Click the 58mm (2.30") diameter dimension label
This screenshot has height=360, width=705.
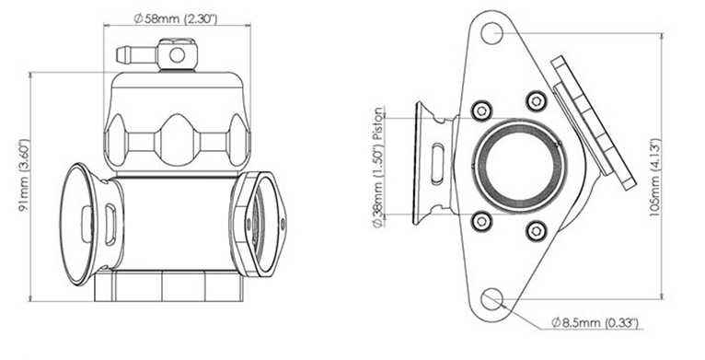click(x=176, y=19)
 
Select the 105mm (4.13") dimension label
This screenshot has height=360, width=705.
click(x=655, y=179)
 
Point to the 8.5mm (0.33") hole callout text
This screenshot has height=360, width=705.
click(x=595, y=322)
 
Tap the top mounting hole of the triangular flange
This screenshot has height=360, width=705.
click(x=491, y=33)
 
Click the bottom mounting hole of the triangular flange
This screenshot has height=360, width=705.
click(x=491, y=299)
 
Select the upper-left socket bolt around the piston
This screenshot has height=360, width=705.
click(x=481, y=110)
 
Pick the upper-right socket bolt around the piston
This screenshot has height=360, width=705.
click(x=537, y=100)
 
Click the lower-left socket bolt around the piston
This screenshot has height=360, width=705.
click(x=481, y=220)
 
